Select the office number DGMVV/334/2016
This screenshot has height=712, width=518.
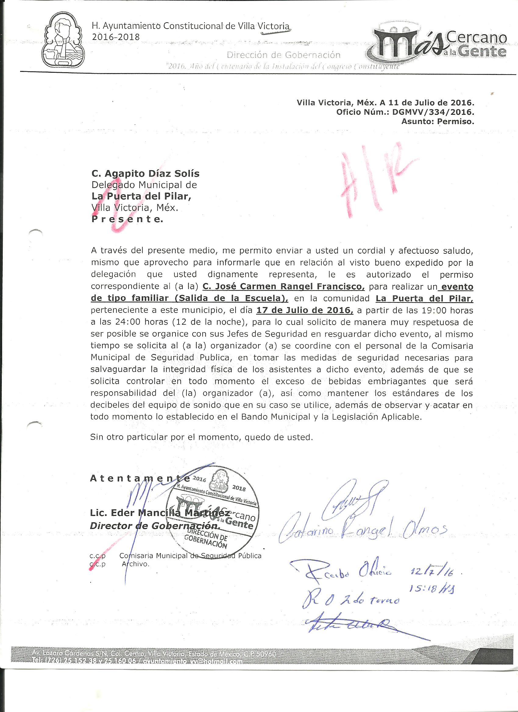coord(433,112)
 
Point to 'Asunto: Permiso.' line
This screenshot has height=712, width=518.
coord(437,122)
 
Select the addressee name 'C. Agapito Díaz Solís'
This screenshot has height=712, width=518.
coord(145,174)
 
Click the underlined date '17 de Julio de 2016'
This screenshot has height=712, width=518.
coord(305,310)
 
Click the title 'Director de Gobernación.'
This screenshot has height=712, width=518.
coord(154,526)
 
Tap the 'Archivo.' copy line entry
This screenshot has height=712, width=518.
coord(135,564)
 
